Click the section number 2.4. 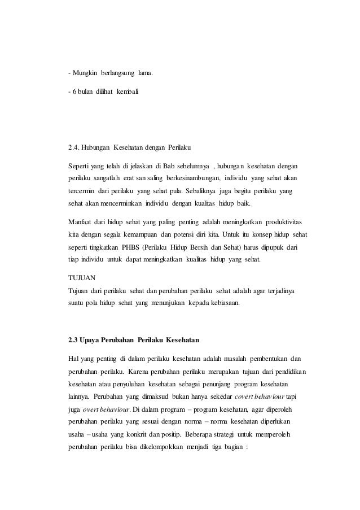click(73, 149)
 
